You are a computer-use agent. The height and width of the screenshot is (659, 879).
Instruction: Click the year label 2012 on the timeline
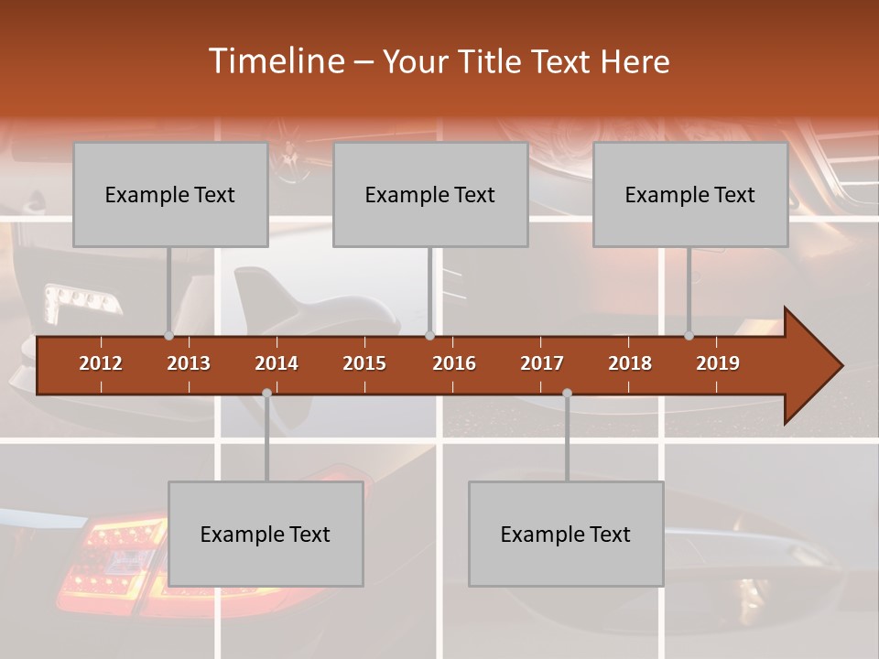101,363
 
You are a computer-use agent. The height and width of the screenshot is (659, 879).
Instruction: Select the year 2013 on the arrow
189,363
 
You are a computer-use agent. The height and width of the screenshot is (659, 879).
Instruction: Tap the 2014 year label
277,363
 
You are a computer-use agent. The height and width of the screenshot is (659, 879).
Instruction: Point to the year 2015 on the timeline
364,363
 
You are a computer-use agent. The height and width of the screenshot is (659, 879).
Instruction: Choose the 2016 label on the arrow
454,363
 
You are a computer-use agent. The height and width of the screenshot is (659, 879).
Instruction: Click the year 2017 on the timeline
542,363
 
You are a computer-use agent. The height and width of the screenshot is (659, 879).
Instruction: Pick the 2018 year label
630,363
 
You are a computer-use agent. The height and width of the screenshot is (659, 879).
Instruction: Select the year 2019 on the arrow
718,363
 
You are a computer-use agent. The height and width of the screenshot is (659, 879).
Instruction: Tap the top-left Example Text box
170,194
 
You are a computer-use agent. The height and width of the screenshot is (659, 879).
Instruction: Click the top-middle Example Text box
430,194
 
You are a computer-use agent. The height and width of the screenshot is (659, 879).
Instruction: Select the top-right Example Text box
690,194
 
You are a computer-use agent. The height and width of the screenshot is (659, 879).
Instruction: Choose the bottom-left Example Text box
266,534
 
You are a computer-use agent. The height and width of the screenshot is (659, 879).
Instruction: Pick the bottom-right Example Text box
566,534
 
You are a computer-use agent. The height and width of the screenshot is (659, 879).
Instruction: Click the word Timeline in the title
275,61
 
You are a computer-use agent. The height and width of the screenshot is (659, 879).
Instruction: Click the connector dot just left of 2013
168,336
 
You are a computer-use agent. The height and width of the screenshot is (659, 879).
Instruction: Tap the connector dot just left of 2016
429,336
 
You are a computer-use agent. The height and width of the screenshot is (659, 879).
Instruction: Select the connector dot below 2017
567,393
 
